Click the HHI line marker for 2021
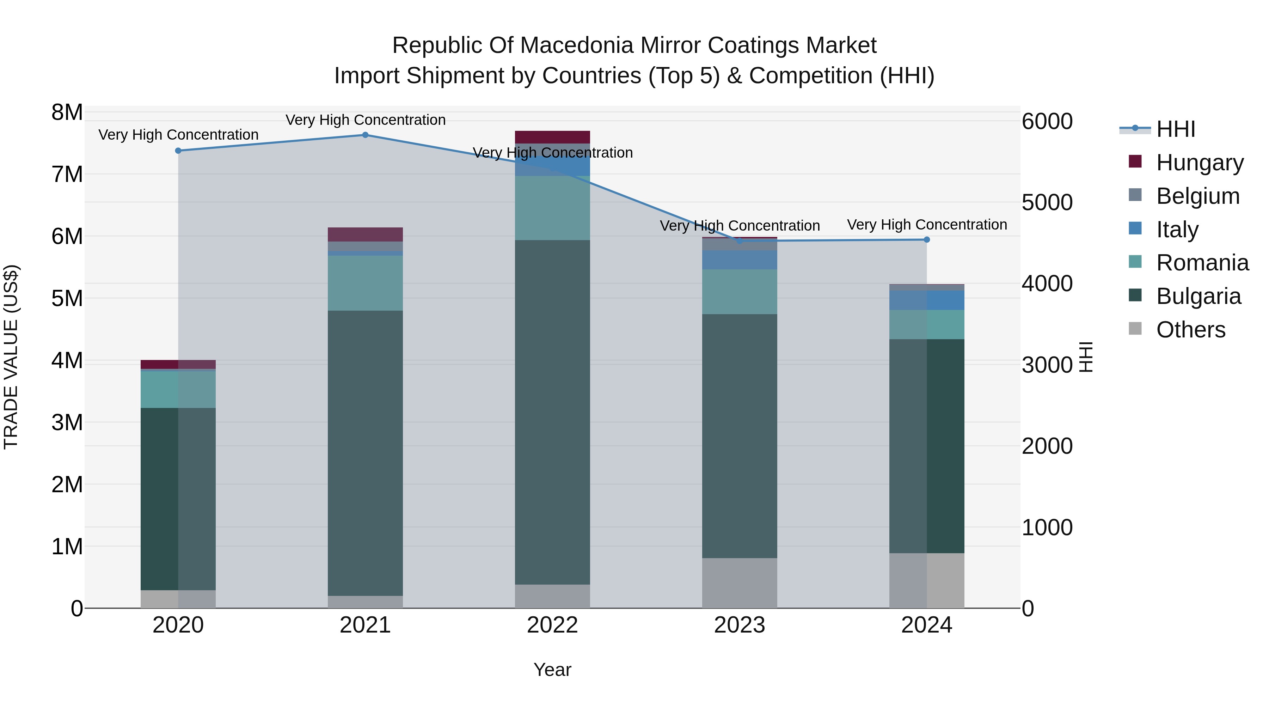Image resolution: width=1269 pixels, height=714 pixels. (365, 135)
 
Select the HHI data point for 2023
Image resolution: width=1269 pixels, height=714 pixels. (740, 240)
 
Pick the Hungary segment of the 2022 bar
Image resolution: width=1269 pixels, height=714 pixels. (552, 137)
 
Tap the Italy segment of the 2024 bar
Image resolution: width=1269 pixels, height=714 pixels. (927, 300)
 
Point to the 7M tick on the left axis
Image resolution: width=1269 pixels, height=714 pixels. (67, 175)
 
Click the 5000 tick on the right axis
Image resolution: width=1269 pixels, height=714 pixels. (1047, 202)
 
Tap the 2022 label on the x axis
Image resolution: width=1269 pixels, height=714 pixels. (552, 625)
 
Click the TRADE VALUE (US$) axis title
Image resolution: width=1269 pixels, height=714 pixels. (11, 357)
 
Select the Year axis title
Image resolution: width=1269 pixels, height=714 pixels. (552, 670)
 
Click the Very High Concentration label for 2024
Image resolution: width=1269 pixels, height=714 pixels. (927, 225)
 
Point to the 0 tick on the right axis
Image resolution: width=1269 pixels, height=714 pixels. (1028, 609)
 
